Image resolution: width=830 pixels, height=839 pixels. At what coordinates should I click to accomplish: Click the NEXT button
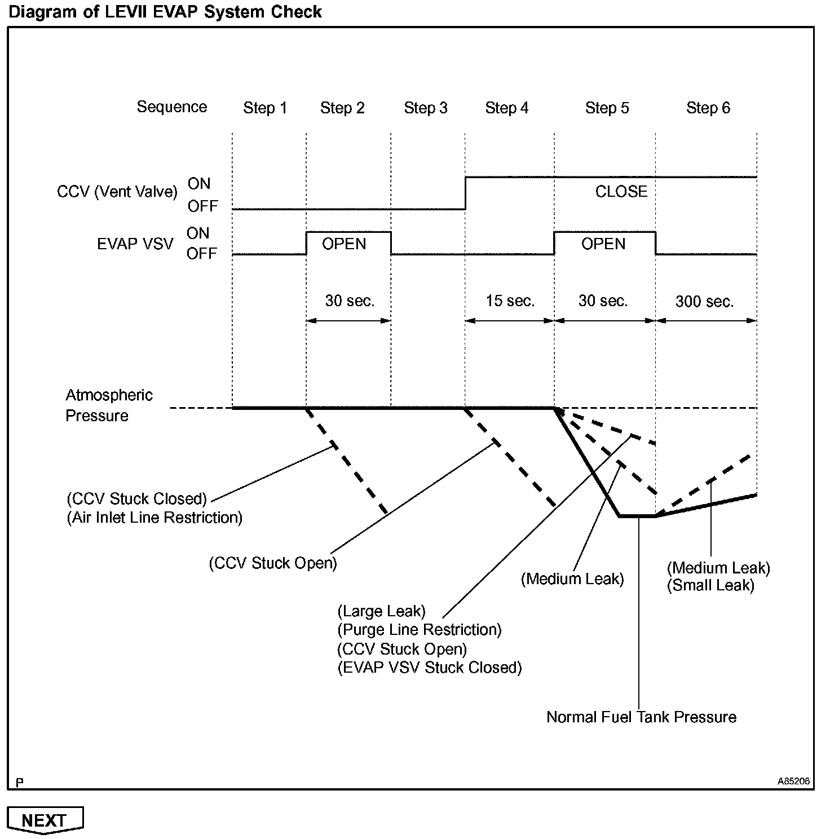pyautogui.click(x=45, y=820)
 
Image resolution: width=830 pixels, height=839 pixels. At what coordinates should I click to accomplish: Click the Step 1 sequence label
pyautogui.click(x=265, y=108)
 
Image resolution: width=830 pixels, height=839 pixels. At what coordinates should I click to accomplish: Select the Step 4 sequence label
pyautogui.click(x=507, y=108)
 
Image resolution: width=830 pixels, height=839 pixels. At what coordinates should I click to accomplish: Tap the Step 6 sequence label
pyautogui.click(x=708, y=108)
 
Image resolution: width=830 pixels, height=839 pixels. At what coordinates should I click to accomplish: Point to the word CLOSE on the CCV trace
pyautogui.click(x=621, y=192)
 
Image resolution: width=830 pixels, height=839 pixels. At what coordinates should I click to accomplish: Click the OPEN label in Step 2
pyautogui.click(x=344, y=244)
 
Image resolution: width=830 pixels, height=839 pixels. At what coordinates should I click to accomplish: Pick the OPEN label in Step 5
pyautogui.click(x=603, y=244)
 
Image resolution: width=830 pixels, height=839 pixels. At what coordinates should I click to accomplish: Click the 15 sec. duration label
pyautogui.click(x=510, y=301)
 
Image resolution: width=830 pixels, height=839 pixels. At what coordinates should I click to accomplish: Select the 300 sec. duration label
pyautogui.click(x=705, y=302)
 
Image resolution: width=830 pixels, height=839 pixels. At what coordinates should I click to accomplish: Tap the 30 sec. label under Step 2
pyautogui.click(x=350, y=301)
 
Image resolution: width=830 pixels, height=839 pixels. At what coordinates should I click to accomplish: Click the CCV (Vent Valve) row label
pyautogui.click(x=117, y=192)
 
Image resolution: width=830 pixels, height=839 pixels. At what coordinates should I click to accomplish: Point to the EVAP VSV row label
pyautogui.click(x=135, y=244)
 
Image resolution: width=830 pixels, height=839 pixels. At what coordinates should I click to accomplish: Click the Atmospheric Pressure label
pyautogui.click(x=109, y=405)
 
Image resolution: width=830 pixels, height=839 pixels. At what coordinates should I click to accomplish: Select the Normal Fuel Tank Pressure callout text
pyautogui.click(x=642, y=717)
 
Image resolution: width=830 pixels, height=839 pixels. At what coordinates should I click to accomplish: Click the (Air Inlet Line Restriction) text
pyautogui.click(x=154, y=518)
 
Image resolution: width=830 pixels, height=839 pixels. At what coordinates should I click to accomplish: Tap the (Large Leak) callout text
pyautogui.click(x=382, y=611)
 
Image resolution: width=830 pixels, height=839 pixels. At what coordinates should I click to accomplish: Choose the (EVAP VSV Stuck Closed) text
pyautogui.click(x=430, y=668)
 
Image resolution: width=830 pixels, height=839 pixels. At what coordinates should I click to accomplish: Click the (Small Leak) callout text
pyautogui.click(x=710, y=585)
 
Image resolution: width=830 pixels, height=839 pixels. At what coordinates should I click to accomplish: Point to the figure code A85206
pyautogui.click(x=793, y=781)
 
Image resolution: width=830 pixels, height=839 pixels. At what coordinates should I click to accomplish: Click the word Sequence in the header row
pyautogui.click(x=172, y=107)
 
